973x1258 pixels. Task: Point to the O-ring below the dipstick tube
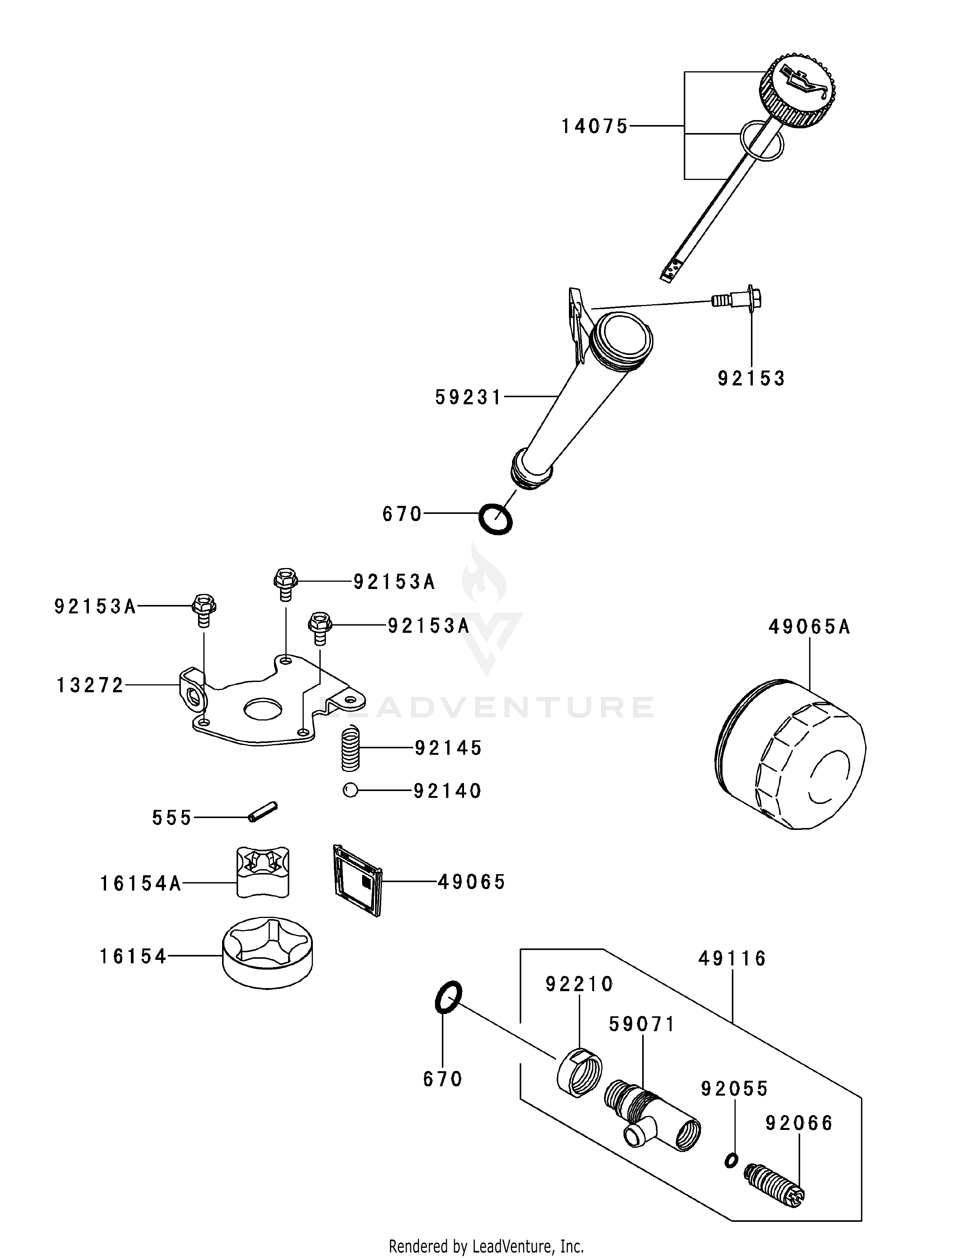coord(496,519)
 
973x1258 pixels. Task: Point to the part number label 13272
coord(90,685)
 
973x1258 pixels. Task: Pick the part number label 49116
coord(732,958)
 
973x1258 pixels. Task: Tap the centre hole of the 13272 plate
coord(262,710)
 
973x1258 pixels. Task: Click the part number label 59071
coord(642,1024)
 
